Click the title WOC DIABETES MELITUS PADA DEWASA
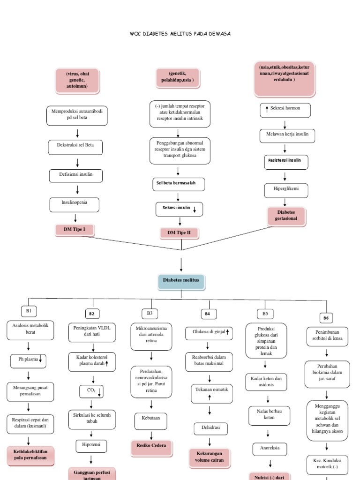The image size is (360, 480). pyautogui.click(x=180, y=34)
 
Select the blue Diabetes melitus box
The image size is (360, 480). pyautogui.click(x=181, y=280)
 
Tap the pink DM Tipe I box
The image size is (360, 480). pyautogui.click(x=75, y=229)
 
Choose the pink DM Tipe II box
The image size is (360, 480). pyautogui.click(x=179, y=232)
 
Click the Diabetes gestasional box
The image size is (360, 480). pyautogui.click(x=286, y=215)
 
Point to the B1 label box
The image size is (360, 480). pyautogui.click(x=29, y=311)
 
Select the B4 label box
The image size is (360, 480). pyautogui.click(x=208, y=314)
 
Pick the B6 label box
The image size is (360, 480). pyautogui.click(x=326, y=318)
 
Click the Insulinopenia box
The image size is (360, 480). pyautogui.click(x=75, y=203)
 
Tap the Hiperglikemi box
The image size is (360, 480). pyautogui.click(x=285, y=190)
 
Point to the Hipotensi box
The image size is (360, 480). pyautogui.click(x=91, y=444)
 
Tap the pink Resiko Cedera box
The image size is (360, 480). pyautogui.click(x=151, y=446)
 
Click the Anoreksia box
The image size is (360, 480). pyautogui.click(x=270, y=449)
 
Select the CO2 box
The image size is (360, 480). pyautogui.click(x=91, y=390)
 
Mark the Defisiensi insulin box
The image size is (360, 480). pyautogui.click(x=75, y=175)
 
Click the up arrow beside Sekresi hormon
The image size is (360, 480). pyautogui.click(x=267, y=109)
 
